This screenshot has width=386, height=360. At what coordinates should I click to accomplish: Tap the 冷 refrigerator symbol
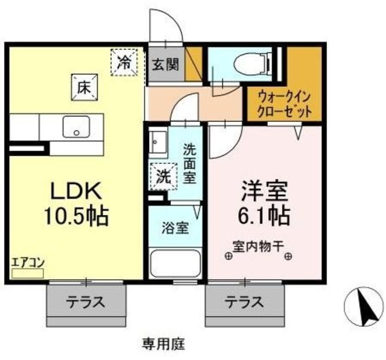124,61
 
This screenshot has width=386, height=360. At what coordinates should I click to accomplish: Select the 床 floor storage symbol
84,86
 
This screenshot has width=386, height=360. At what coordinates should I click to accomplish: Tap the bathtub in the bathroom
174,264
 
